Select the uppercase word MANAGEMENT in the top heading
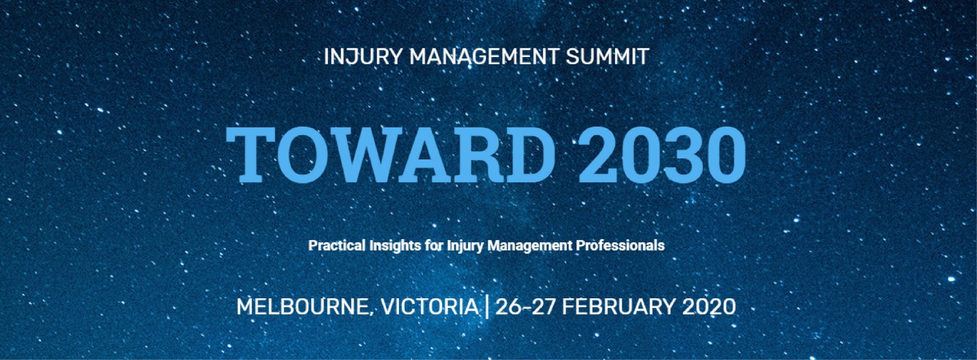(483, 57)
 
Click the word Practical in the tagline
(336, 245)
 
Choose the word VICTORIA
(429, 307)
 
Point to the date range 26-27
(526, 307)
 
